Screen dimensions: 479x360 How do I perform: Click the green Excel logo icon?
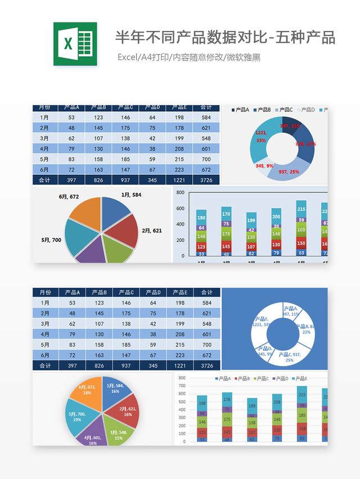click(75, 44)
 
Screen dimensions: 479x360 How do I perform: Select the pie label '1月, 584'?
click(131, 195)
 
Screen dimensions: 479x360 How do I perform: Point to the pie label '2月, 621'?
click(152, 231)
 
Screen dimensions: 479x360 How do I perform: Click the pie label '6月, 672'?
click(69, 197)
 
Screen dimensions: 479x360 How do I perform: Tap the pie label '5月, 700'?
click(51, 240)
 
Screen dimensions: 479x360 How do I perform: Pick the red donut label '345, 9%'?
click(264, 166)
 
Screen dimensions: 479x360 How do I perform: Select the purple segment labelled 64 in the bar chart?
click(201, 228)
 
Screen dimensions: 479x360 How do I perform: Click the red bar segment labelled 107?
click(251, 246)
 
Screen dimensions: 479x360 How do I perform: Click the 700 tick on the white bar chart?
click(182, 386)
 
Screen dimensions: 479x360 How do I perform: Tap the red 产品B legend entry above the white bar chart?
click(242, 379)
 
